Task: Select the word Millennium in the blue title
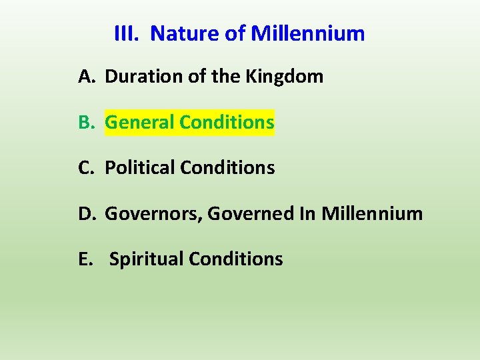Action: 307,33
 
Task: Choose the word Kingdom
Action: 284,77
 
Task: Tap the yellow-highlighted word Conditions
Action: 227,123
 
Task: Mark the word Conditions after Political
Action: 227,168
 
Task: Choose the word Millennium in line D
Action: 372,214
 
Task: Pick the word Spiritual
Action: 146,259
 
